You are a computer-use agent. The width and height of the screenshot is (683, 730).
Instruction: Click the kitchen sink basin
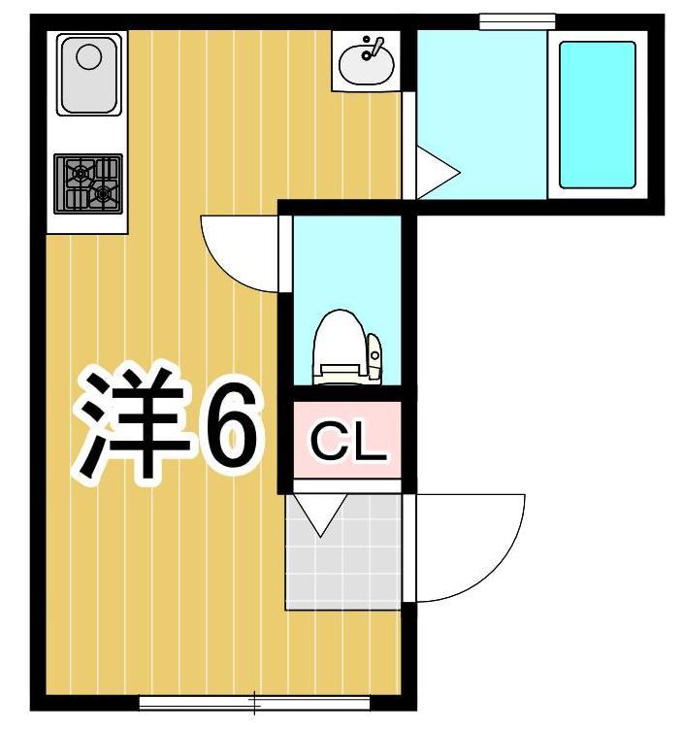pyautogui.click(x=88, y=74)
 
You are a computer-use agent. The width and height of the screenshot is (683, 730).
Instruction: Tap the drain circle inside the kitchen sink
pyautogui.click(x=88, y=56)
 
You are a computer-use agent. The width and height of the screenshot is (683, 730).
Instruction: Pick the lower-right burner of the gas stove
pyautogui.click(x=102, y=195)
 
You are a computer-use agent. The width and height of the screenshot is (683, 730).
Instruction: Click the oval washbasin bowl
pyautogui.click(x=367, y=64)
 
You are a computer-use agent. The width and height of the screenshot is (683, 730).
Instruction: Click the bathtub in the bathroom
pyautogui.click(x=597, y=115)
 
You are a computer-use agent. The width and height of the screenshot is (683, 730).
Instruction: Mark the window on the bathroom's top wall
pyautogui.click(x=517, y=20)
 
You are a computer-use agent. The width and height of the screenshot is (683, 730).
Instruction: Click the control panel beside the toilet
pyautogui.click(x=374, y=355)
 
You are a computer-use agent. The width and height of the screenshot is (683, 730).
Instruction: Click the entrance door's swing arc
pyautogui.click(x=471, y=548)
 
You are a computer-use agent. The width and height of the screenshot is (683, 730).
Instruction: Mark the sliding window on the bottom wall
pyautogui.click(x=254, y=700)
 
